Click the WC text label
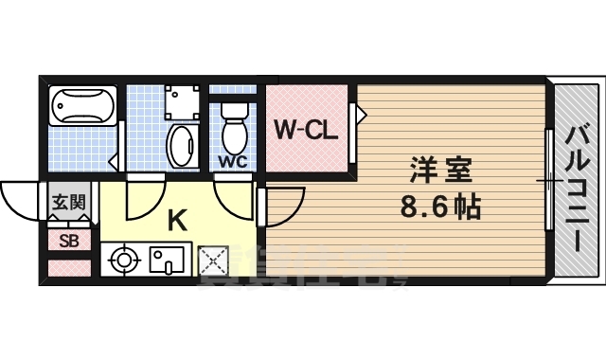tap(233, 161)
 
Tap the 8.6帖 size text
tap(440, 206)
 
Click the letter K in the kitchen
tap(177, 220)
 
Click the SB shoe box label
tap(69, 240)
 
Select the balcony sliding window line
tap(549, 179)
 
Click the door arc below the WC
tap(234, 194)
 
